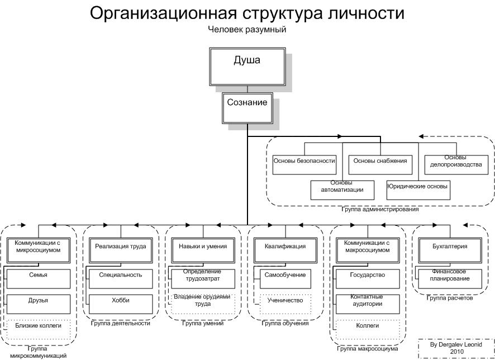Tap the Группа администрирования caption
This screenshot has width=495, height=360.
click(x=380, y=210)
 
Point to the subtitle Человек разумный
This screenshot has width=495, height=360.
click(x=246, y=30)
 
